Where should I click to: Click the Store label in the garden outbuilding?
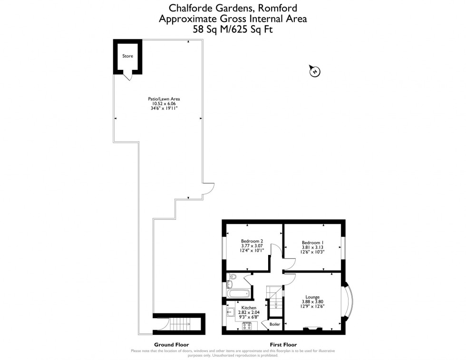(127, 56)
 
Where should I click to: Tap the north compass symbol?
(314, 71)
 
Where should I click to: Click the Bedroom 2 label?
(252, 241)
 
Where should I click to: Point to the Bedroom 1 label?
(312, 243)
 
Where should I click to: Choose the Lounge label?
(312, 297)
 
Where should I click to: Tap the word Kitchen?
(249, 308)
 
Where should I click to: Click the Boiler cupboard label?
(275, 324)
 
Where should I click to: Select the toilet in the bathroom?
(232, 277)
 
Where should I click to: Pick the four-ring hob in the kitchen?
(247, 326)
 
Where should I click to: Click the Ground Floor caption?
(171, 344)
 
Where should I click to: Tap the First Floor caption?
(283, 344)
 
